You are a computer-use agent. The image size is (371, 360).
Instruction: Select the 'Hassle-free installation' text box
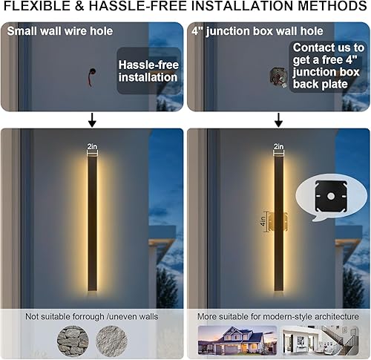(148, 71)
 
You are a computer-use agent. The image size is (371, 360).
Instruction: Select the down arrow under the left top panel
(92, 120)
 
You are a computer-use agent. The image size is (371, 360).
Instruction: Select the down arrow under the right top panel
(278, 120)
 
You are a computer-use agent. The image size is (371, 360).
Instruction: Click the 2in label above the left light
(92, 147)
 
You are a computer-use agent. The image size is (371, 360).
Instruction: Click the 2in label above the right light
(278, 147)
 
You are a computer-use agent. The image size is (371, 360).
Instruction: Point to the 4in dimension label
(263, 221)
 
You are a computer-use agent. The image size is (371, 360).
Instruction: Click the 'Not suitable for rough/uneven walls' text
(92, 315)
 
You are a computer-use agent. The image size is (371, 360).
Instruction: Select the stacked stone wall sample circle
(72, 341)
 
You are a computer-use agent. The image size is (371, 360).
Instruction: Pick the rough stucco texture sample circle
(111, 341)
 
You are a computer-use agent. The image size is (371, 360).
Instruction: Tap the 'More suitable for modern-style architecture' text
(278, 315)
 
